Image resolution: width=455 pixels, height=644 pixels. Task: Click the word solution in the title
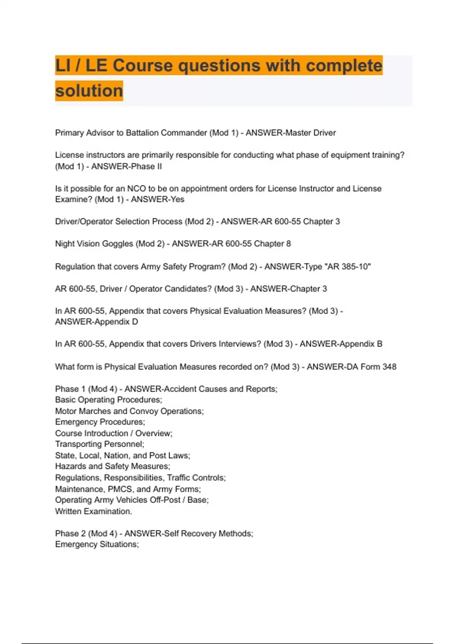point(89,91)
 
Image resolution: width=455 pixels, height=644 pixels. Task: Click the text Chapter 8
point(272,244)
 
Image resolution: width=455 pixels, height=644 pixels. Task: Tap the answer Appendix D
point(116,322)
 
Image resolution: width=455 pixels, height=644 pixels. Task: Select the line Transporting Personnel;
point(100,444)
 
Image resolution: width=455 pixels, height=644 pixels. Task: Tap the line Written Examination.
point(94,511)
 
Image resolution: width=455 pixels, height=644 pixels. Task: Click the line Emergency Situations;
point(97,544)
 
